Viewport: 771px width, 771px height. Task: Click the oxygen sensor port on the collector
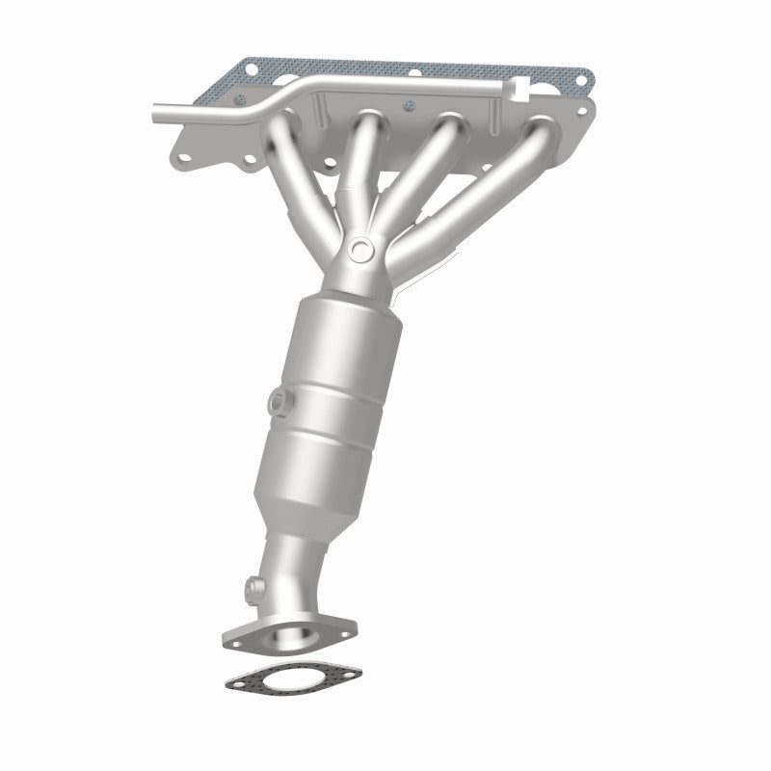360,250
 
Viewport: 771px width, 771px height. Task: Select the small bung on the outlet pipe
253,585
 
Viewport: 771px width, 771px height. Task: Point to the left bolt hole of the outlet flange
234,637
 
